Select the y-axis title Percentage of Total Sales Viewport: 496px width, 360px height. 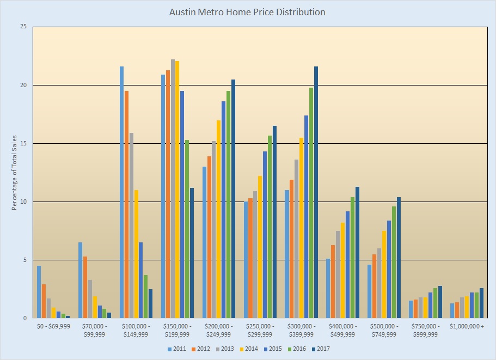click(14, 172)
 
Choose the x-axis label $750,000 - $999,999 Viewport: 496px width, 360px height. click(425, 330)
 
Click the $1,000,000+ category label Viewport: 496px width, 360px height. click(467, 327)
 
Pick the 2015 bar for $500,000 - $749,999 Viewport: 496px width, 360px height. click(389, 269)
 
